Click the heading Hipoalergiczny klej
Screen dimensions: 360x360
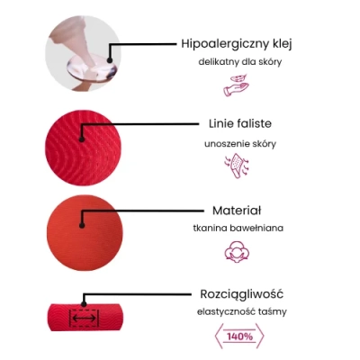(x=237, y=44)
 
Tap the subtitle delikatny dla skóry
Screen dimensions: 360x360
(x=240, y=62)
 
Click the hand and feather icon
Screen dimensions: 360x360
(x=237, y=85)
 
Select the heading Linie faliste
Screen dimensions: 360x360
(x=240, y=123)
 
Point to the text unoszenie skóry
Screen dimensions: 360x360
(x=240, y=144)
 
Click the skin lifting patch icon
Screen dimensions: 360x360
(x=237, y=166)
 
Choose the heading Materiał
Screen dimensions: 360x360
(x=237, y=211)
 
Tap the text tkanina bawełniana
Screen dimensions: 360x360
(x=238, y=228)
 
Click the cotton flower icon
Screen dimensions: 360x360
(x=237, y=251)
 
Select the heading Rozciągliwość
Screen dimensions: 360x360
(x=241, y=294)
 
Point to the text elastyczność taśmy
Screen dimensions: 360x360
(x=242, y=312)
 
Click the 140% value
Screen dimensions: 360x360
(x=240, y=337)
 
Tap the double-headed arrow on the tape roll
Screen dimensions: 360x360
(x=85, y=319)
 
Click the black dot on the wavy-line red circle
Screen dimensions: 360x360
(x=81, y=139)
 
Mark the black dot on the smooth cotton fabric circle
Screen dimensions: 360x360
(x=82, y=225)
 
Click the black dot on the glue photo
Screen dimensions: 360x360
(x=110, y=60)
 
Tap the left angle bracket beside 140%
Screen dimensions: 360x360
(x=218, y=336)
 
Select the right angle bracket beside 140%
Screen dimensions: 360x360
(x=260, y=336)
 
